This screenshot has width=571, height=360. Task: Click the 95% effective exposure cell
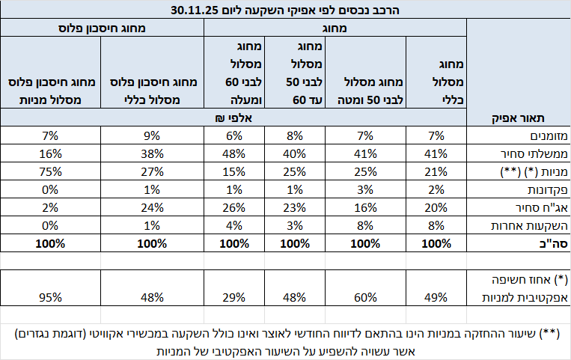(52, 296)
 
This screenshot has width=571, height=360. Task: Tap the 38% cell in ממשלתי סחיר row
(153, 154)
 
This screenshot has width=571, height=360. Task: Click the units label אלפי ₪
(233, 117)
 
